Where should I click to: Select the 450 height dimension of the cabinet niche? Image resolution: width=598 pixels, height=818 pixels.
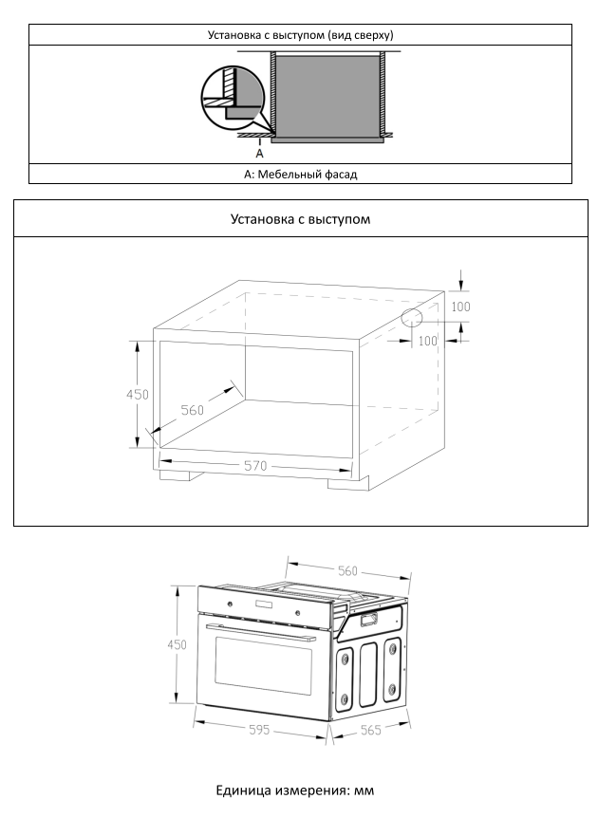tap(138, 394)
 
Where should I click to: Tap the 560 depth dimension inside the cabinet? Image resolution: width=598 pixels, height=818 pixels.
tap(193, 411)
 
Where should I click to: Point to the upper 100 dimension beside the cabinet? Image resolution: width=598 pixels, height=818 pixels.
tap(460, 307)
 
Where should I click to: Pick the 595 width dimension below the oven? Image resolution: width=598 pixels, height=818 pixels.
tap(259, 730)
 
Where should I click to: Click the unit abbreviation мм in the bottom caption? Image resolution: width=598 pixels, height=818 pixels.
tap(366, 790)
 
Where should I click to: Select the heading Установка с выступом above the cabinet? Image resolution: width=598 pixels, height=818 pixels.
tap(300, 219)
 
